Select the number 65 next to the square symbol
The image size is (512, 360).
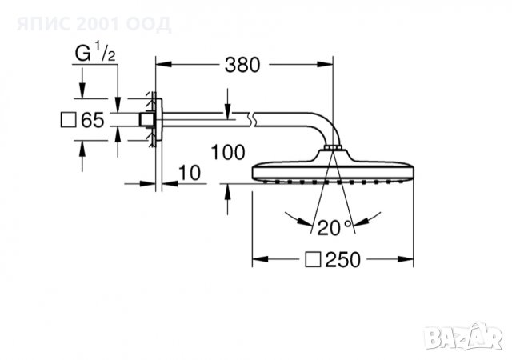(94, 121)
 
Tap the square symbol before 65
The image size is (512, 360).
(69, 121)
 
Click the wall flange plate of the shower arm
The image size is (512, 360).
(154, 121)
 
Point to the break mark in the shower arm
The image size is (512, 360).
(254, 122)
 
